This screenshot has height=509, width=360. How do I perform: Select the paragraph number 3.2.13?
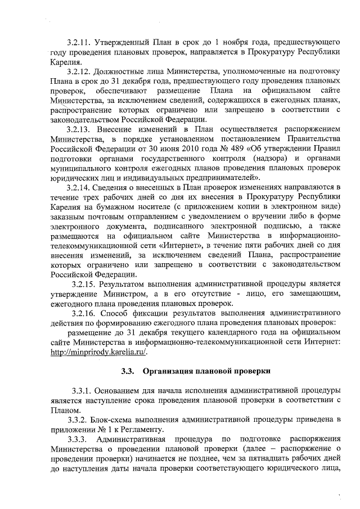[78, 129]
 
